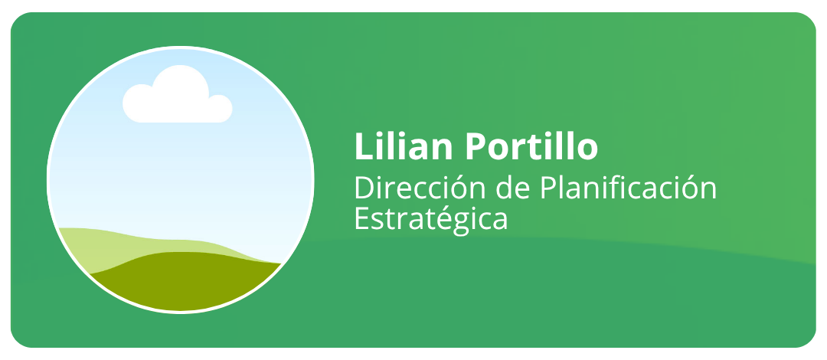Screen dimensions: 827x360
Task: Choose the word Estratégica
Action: (x=431, y=218)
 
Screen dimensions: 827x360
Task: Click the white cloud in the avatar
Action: (x=177, y=94)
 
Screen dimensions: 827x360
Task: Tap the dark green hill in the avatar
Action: (x=185, y=280)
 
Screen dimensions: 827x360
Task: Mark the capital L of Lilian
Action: (x=364, y=146)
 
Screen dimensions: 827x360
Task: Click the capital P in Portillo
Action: (x=476, y=146)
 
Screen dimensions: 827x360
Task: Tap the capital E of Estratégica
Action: (x=362, y=218)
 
